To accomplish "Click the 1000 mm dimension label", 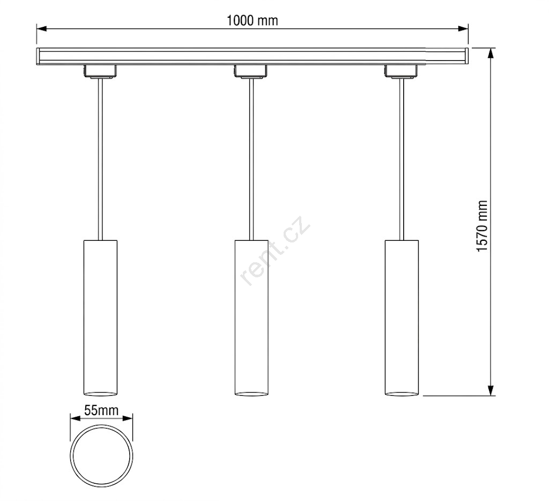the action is pos(252,21).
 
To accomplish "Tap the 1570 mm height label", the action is pos(482,226).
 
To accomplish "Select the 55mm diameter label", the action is pos(101,410).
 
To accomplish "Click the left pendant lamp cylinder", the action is pos(100,318).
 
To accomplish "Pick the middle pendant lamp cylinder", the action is pos(251,318).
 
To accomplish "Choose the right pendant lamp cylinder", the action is pos(402,318).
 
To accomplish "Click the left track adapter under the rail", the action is pos(100,71).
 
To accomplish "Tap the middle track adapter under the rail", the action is pos(251,71).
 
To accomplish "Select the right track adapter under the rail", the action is pos(402,71).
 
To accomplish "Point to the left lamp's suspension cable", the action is pos(100,159).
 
